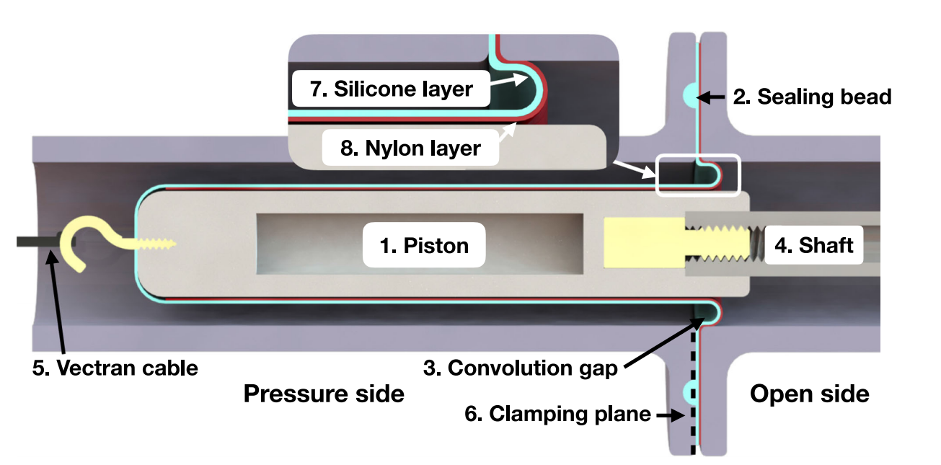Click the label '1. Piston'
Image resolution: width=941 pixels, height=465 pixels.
424,245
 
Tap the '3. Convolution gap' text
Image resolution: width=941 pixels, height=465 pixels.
533,368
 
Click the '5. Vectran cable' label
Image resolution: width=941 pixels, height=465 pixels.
115,368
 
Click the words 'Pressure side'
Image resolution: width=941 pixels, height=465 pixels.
324,394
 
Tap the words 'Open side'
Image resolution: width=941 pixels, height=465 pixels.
810,394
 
